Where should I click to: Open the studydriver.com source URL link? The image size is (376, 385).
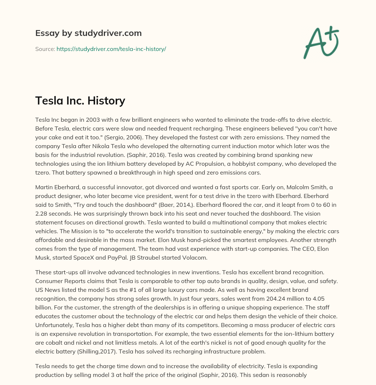tap(111, 49)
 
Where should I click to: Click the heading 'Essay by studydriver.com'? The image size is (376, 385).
tap(88, 33)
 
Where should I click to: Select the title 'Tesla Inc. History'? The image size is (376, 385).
tap(80, 100)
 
